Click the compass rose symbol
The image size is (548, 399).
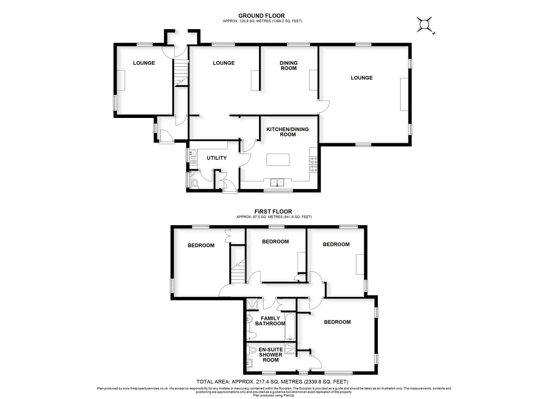pyautogui.click(x=425, y=25)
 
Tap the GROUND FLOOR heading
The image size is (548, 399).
pyautogui.click(x=261, y=16)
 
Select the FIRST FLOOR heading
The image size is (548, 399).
pyautogui.click(x=273, y=212)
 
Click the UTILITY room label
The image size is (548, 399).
pyautogui.click(x=217, y=158)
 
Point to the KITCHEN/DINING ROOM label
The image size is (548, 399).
pyautogui.click(x=287, y=132)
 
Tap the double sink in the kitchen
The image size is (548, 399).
pyautogui.click(x=277, y=182)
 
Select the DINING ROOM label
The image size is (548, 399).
pyautogui.click(x=288, y=65)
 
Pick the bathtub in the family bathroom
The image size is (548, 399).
pyautogui.click(x=290, y=327)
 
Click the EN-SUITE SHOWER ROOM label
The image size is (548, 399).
pyautogui.click(x=270, y=355)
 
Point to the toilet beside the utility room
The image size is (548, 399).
pyautogui.click(x=194, y=183)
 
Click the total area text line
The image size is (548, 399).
pyautogui.click(x=272, y=382)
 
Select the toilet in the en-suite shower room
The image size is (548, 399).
pyautogui.click(x=252, y=349)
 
